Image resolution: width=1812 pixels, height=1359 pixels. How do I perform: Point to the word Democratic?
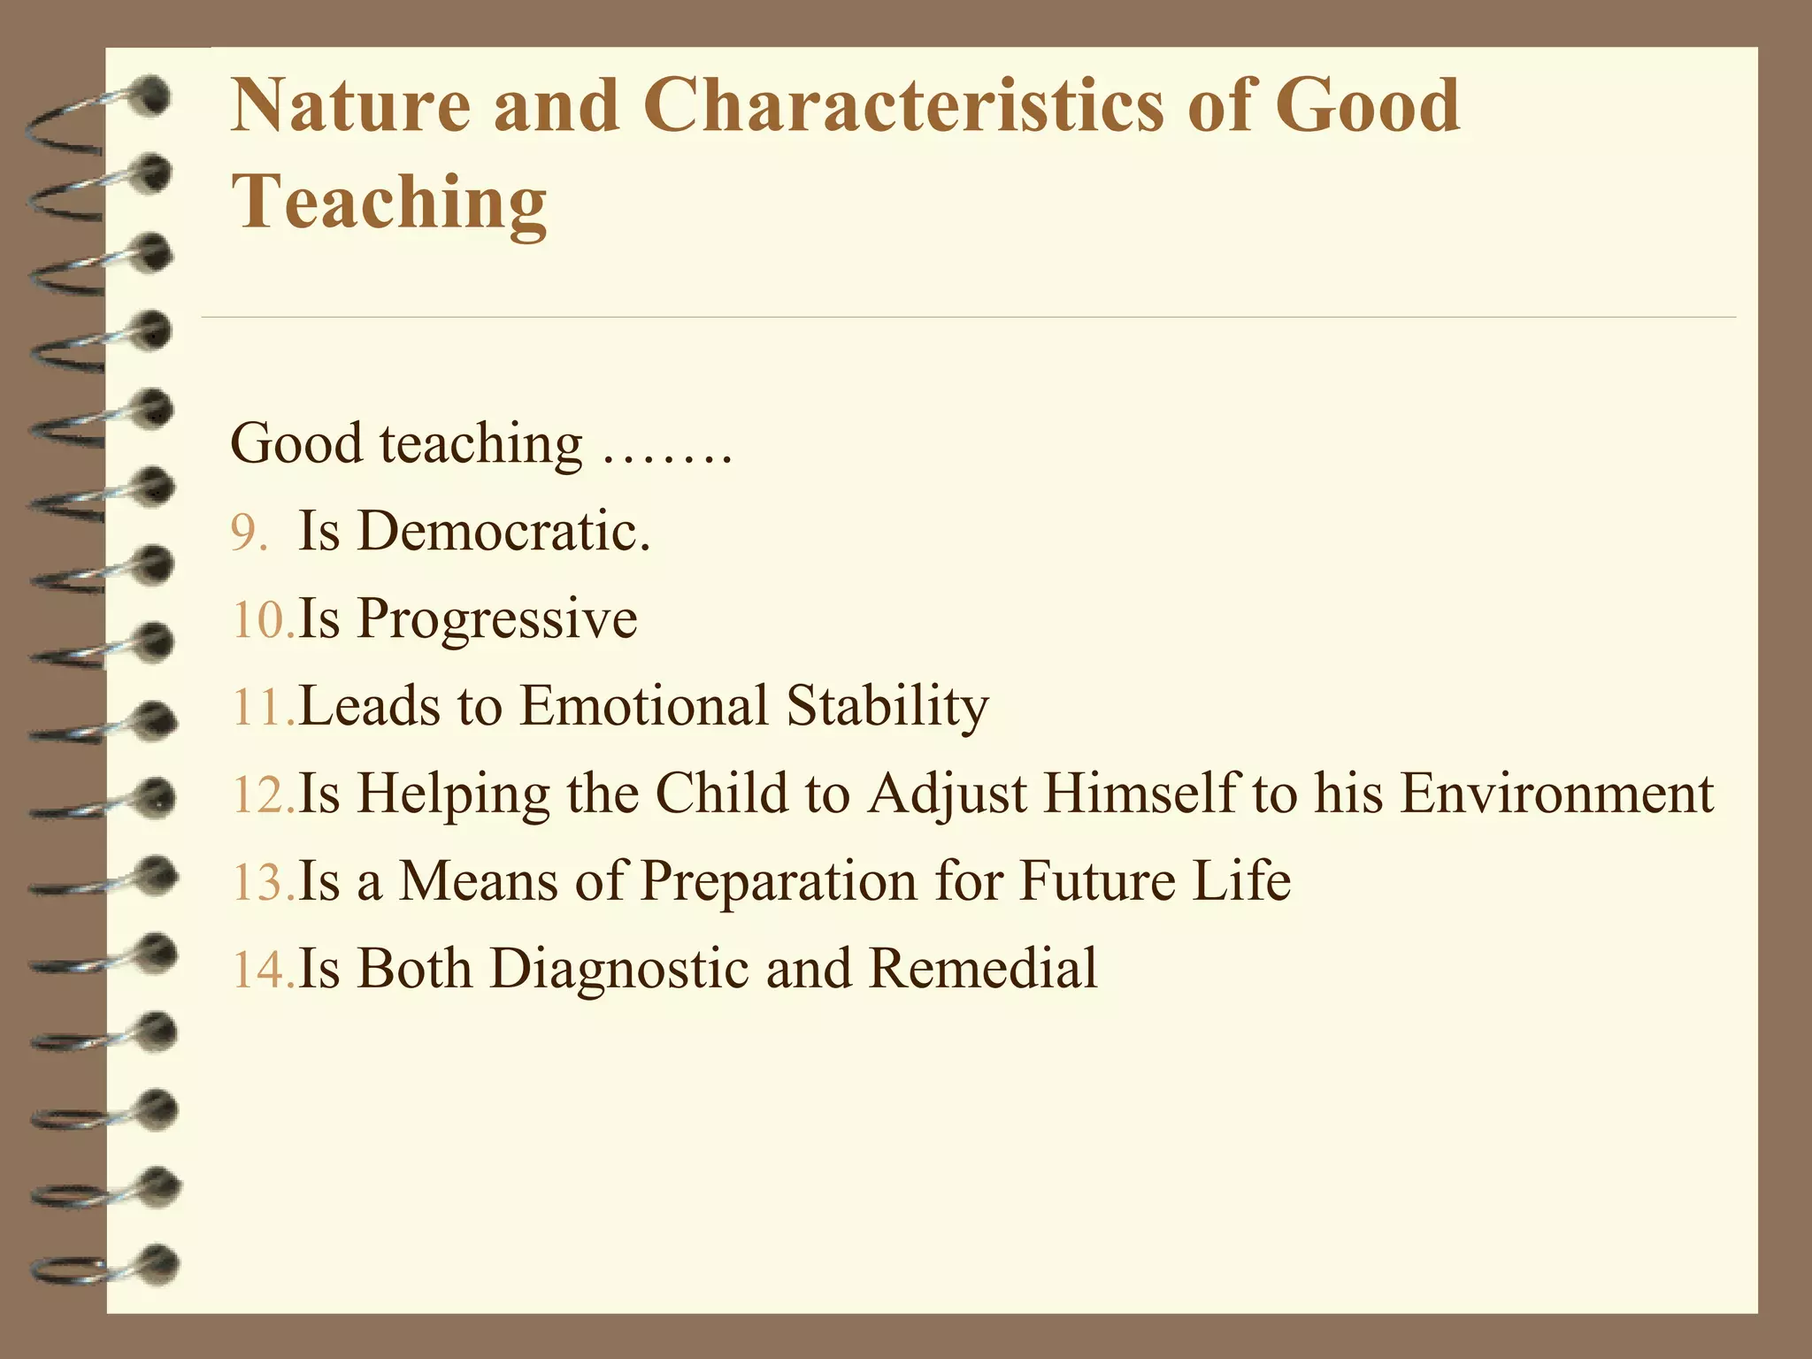tap(503, 531)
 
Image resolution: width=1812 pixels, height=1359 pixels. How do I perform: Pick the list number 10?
tap(262, 619)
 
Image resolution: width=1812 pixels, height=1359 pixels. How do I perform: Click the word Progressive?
tap(496, 619)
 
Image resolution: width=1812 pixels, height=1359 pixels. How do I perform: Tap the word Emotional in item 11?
tap(643, 706)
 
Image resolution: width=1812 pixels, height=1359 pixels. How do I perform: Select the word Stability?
tap(887, 706)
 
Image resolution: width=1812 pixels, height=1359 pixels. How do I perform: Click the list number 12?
tap(262, 795)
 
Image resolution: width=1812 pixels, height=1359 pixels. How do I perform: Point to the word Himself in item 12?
tap(1140, 793)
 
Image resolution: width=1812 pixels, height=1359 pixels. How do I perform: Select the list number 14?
tap(262, 970)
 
